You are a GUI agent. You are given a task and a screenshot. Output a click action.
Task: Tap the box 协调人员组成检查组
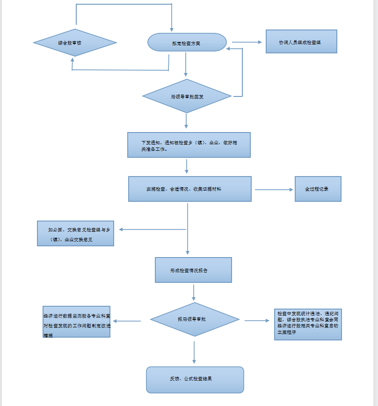point(301,42)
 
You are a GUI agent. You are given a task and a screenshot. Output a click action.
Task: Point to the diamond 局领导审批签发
point(187,96)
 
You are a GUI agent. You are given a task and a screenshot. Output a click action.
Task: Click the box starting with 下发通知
point(189,145)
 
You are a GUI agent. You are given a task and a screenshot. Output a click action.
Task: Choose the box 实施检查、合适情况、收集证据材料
point(190,189)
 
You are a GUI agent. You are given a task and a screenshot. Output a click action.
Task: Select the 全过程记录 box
point(318,189)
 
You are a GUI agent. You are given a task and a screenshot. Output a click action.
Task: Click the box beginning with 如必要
point(76,234)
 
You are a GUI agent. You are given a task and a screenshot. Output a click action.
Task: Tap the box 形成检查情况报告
point(193,270)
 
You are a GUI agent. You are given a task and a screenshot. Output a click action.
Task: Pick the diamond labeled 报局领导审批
point(195,319)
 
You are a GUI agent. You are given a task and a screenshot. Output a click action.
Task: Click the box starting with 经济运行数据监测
point(77,322)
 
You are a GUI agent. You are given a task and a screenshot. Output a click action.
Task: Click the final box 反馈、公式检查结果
point(195,380)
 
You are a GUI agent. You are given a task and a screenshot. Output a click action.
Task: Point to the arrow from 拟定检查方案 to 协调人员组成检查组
point(247,42)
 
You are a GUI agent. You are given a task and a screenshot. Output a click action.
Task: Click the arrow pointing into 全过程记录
point(274,190)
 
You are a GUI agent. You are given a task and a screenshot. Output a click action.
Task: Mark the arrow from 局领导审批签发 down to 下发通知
point(186,121)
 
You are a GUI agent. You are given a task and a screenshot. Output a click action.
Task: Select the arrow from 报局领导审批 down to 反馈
point(194,352)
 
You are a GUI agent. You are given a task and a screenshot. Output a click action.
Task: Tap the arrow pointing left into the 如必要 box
point(153,229)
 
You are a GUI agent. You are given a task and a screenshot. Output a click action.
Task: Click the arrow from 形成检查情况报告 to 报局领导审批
point(194,292)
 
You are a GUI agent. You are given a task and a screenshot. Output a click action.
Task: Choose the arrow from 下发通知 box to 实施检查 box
point(187,166)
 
